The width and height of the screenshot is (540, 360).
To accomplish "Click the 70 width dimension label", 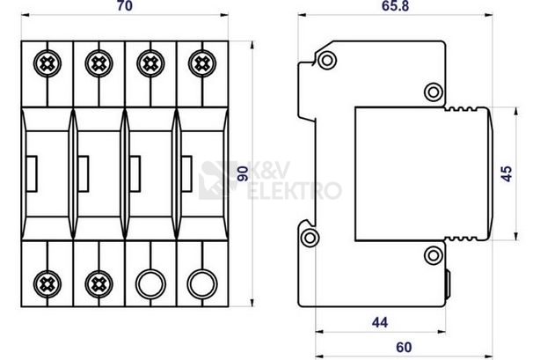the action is click(x=124, y=6).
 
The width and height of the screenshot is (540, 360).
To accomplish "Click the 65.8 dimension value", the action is click(x=395, y=6).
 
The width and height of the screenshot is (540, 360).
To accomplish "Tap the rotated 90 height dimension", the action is click(x=243, y=173).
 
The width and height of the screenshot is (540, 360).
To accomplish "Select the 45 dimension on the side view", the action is click(x=507, y=173).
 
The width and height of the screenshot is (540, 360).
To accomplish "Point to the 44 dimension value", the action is click(x=380, y=322).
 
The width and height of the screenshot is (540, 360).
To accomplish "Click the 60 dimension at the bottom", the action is click(x=404, y=348).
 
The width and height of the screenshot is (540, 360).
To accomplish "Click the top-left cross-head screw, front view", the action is click(x=47, y=63).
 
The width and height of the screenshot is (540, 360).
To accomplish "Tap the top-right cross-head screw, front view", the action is click(x=202, y=63).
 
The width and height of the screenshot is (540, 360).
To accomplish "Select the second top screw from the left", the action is click(x=99, y=63).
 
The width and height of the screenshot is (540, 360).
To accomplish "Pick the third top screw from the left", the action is click(x=150, y=63).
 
